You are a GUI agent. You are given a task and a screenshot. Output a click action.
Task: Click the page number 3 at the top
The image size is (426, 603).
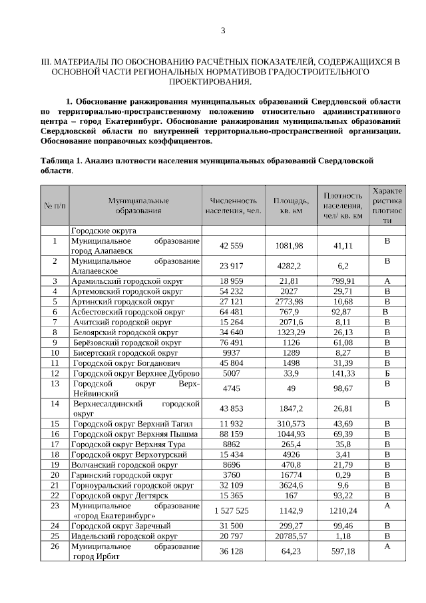[x=223, y=31]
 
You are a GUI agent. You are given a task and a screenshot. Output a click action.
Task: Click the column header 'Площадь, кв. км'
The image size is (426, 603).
[x=290, y=205]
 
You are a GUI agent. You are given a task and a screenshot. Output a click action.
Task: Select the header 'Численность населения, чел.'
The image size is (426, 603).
[x=233, y=205]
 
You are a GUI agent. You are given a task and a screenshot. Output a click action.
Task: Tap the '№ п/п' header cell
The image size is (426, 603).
[x=55, y=205]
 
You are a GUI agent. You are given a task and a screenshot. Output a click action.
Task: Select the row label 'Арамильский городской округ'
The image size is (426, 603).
[x=127, y=281]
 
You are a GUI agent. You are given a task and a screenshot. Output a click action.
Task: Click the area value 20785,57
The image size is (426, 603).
[x=290, y=536]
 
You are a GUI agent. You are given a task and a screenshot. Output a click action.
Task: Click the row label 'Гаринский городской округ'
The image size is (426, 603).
[x=122, y=474]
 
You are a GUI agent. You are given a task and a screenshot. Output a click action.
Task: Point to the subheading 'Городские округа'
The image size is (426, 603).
[x=104, y=230]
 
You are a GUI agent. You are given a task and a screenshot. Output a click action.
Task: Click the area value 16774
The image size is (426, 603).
[x=290, y=474]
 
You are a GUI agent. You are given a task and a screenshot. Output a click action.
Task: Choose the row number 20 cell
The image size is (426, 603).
[x=55, y=474]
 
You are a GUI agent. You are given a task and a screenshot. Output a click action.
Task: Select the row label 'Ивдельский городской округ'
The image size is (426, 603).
[x=124, y=536]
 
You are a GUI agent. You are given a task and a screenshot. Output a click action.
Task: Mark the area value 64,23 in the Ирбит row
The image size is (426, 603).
[x=290, y=552]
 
